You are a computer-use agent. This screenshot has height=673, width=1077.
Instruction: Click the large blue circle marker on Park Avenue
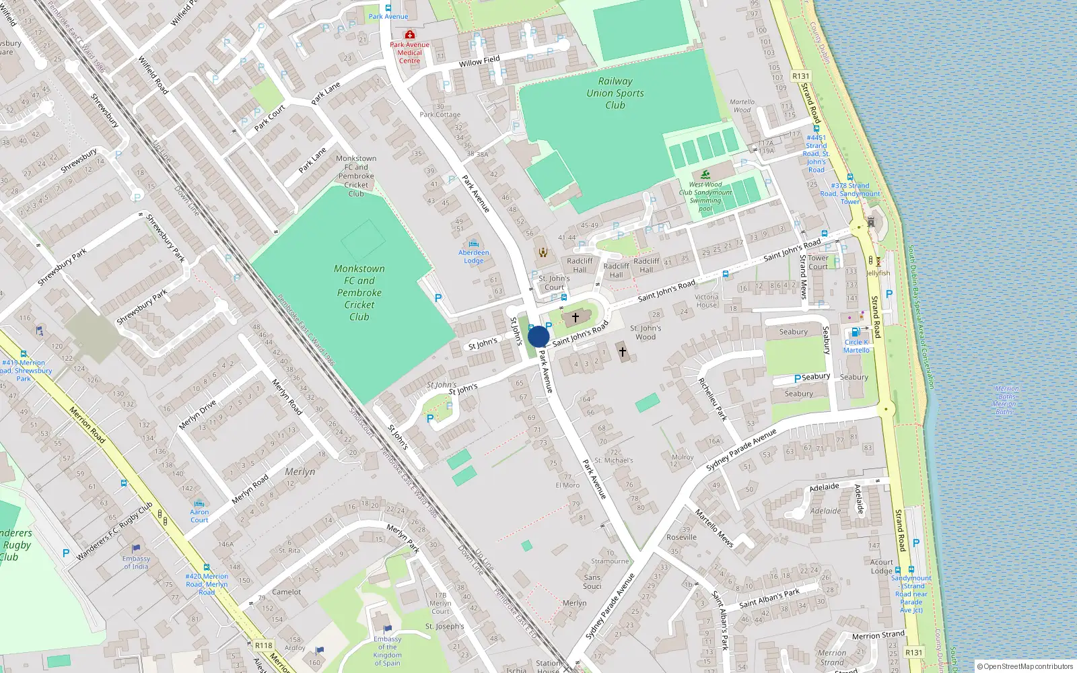(538, 336)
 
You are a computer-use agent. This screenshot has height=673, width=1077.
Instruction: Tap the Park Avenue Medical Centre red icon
(409, 34)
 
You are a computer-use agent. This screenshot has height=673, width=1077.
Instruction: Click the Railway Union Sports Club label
(615, 93)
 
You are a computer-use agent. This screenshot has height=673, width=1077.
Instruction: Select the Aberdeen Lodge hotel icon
(474, 244)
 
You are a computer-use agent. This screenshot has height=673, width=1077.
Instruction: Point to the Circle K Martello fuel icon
(856, 332)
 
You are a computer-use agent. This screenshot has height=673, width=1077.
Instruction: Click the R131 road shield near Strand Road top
(800, 76)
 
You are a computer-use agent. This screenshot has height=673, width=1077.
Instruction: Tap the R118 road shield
(263, 645)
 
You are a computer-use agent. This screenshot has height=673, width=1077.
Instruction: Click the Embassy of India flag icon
(137, 548)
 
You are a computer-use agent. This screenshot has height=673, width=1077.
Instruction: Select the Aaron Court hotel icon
(199, 503)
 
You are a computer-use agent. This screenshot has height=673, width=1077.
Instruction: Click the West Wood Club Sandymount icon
(705, 174)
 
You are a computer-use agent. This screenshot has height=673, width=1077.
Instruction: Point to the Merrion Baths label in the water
(1006, 400)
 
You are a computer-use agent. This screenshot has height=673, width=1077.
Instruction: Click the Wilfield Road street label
(153, 75)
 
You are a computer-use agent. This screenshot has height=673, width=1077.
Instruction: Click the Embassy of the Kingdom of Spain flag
(387, 629)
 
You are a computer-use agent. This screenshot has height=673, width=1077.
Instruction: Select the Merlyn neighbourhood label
(300, 472)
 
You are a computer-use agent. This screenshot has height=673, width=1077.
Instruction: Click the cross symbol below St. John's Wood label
(623, 352)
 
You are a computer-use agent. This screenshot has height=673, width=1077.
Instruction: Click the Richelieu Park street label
(712, 399)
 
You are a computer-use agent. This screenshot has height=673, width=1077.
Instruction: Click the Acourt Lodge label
(881, 566)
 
